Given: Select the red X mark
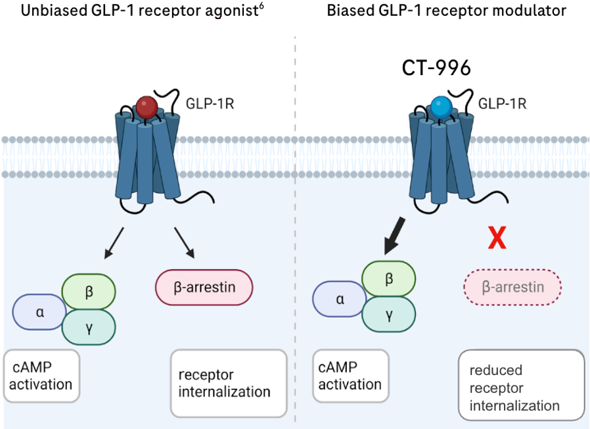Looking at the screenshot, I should tap(497, 238).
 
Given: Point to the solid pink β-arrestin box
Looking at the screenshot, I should tap(204, 288).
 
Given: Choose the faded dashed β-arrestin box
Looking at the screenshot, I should tap(512, 288).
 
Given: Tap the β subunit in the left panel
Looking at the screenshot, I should tap(89, 290).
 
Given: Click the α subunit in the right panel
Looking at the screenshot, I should tap(340, 299).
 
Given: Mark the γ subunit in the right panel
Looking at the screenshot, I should tap(389, 315).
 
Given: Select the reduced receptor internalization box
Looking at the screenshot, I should tap(521, 388).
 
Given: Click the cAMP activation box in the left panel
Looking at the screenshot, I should tap(41, 376).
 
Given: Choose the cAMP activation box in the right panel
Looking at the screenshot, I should tap(351, 376).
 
